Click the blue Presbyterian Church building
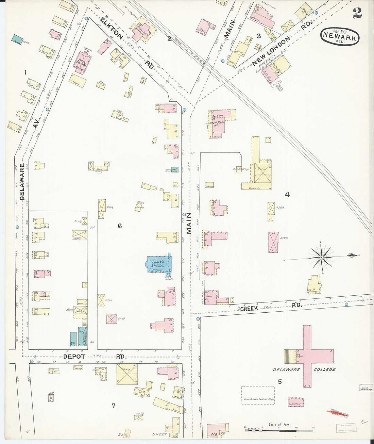pos(158,264)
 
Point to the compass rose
pos(321,258)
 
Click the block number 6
pos(120,226)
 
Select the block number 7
pos(114,405)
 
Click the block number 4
pos(287,195)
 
